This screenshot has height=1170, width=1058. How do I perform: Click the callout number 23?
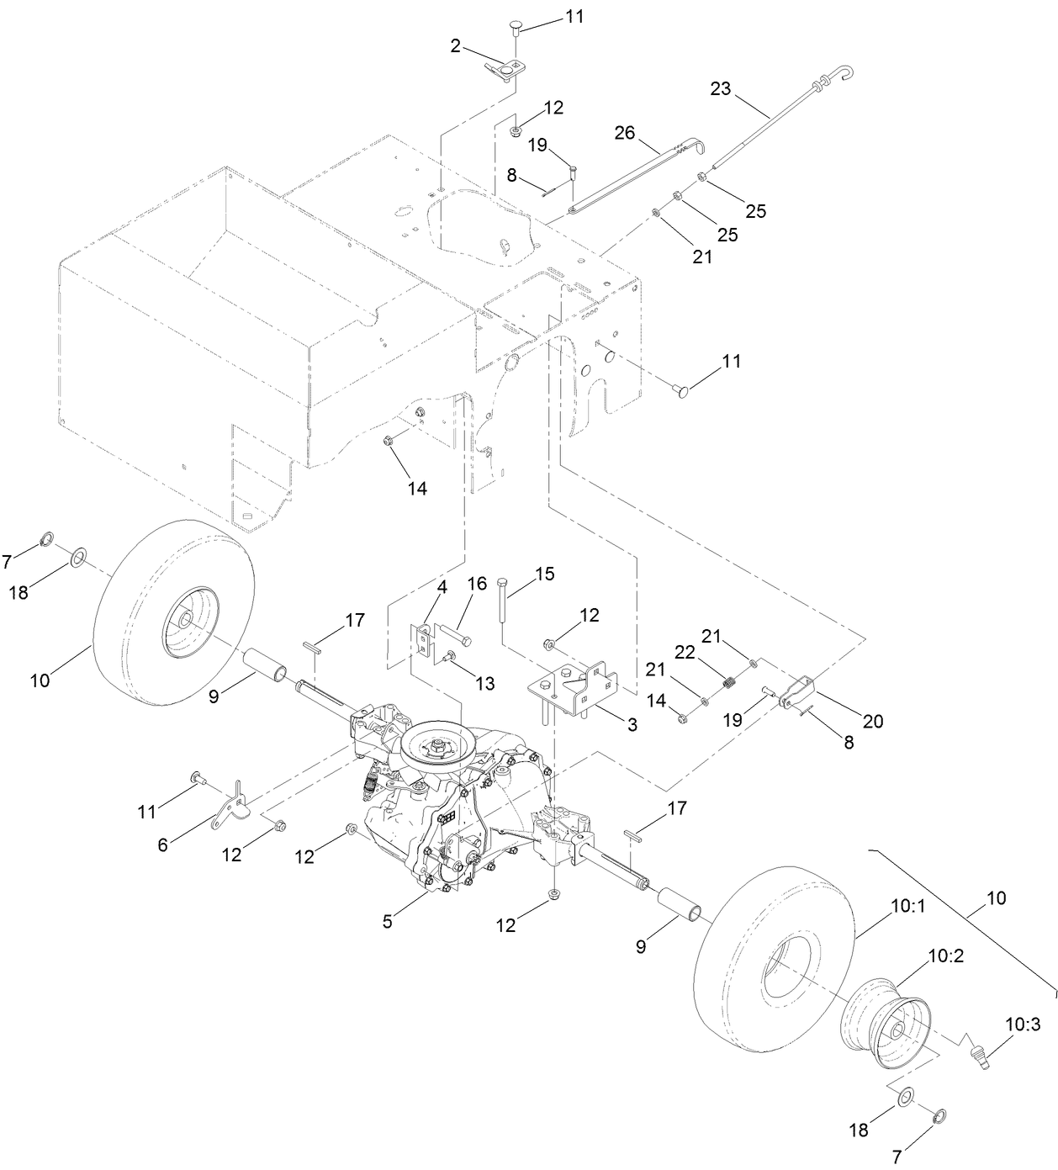pos(721,88)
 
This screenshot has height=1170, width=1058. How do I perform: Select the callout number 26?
pos(625,133)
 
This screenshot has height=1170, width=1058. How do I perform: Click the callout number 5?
pos(387,921)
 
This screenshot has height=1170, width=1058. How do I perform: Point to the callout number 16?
pos(477,584)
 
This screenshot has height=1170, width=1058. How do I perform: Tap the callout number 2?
pos(455,45)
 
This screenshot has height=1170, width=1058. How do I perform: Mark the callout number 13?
pos(485,683)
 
